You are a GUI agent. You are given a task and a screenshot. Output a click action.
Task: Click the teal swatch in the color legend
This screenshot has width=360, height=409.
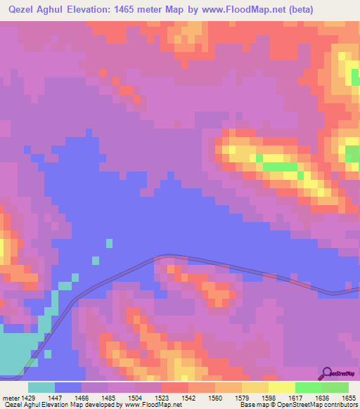41,387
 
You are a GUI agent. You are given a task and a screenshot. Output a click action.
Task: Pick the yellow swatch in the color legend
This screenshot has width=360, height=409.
282,387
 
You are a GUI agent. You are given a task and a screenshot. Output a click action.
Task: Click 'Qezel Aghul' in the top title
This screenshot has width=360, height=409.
35,9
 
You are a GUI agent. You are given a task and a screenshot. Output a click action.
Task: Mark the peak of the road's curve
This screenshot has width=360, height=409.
167,257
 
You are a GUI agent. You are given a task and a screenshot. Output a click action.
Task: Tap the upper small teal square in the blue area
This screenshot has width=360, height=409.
109,243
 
